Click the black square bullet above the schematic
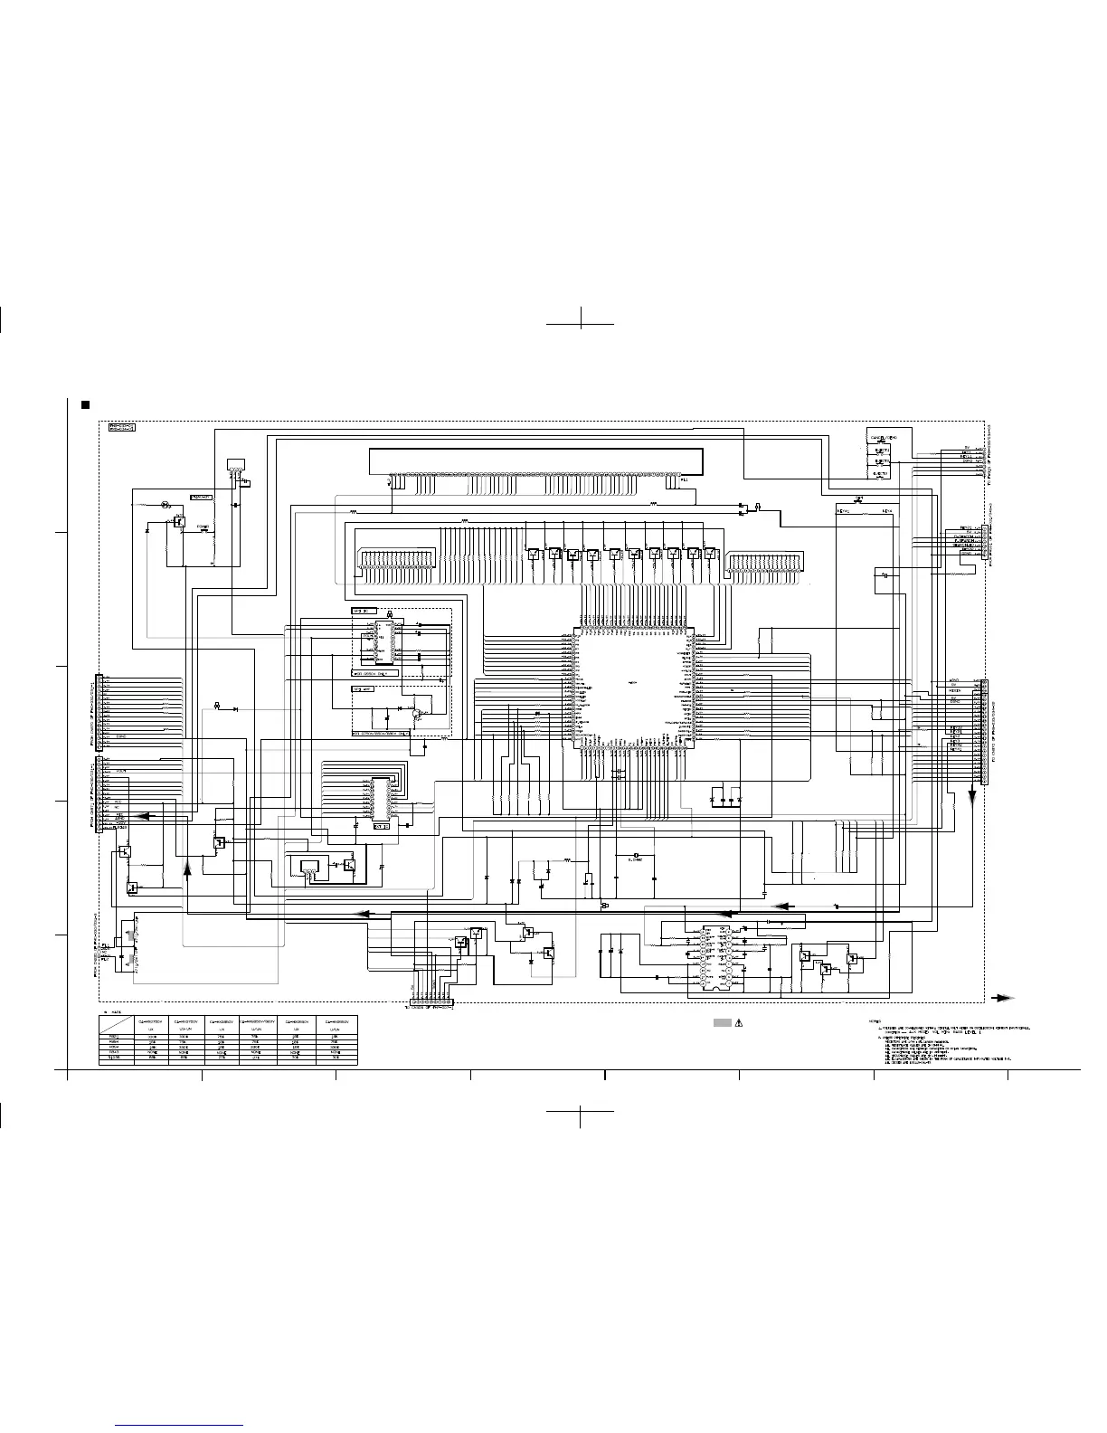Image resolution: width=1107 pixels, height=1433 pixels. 85,404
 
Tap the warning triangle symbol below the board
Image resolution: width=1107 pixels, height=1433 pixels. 739,1023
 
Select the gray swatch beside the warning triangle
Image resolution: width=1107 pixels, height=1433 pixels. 722,1023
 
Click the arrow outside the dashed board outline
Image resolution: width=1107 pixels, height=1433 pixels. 1002,998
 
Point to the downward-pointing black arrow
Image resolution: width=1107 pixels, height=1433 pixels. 973,796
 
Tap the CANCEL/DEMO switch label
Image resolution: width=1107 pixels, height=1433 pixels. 884,438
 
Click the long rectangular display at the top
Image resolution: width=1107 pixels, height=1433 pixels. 537,460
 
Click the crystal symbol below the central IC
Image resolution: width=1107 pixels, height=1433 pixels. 638,855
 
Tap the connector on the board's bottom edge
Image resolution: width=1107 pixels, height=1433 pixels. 431,1002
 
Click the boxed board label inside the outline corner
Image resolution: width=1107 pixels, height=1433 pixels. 121,427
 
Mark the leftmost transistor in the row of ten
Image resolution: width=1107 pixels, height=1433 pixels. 534,555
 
